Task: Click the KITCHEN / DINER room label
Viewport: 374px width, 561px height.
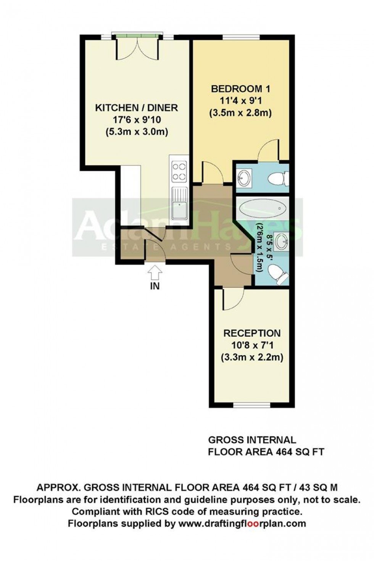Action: pyautogui.click(x=136, y=108)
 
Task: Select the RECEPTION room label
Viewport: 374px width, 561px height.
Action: pyautogui.click(x=252, y=333)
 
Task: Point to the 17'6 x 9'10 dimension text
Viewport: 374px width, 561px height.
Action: pyautogui.click(x=136, y=120)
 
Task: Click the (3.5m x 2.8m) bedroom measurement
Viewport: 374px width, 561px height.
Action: pyautogui.click(x=240, y=113)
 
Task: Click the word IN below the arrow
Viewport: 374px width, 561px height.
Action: pyautogui.click(x=155, y=286)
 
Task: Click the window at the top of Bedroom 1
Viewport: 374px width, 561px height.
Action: pyautogui.click(x=241, y=37)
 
